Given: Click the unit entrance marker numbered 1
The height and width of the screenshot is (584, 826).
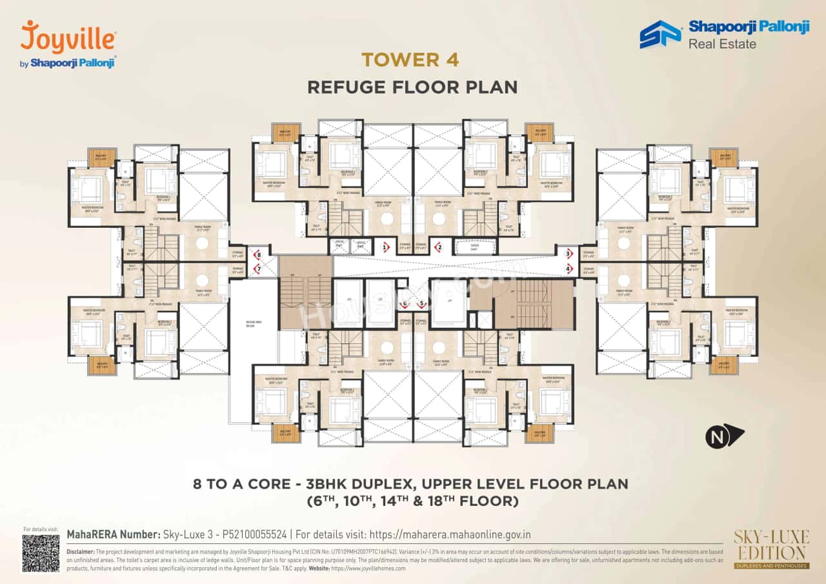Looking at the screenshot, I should pos(385,247).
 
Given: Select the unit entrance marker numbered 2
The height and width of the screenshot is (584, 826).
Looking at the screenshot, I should pos(439,247).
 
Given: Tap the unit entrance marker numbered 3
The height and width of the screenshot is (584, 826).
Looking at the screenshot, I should pos(569,254).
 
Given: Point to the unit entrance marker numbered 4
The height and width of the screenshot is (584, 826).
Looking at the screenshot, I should pos(569,268).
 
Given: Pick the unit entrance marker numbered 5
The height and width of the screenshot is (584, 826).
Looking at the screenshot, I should pos(422,304).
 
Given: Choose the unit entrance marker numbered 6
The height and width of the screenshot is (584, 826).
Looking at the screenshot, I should pos(405,304).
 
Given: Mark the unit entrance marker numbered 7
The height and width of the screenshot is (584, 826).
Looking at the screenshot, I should pos(258,268).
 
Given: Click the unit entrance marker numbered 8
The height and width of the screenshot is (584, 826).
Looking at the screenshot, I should pos(258,255).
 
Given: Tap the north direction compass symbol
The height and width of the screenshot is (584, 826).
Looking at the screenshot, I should pos(724,436).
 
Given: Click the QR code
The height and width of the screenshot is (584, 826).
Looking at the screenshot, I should pos(41,553).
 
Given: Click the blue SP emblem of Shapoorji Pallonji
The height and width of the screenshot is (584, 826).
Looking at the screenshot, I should pos(660,35).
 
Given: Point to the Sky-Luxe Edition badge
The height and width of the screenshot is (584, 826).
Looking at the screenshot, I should pos(769,549).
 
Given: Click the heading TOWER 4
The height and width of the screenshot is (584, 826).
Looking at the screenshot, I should pos(410,60).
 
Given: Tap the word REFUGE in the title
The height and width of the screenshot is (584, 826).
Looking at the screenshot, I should pos(351,87).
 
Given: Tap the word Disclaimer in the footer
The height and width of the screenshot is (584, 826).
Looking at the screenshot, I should pos(80,552).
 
